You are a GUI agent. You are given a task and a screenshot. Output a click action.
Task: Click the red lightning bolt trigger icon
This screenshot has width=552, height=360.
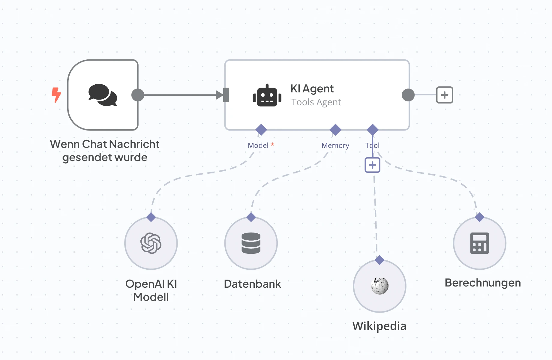pyautogui.click(x=56, y=95)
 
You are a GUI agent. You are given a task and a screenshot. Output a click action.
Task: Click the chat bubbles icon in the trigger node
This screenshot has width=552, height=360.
pyautogui.click(x=103, y=95)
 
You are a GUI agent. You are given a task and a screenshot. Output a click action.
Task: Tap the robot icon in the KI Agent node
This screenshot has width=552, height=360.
pyautogui.click(x=267, y=96)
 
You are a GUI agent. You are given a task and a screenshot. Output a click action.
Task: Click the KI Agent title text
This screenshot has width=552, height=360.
pyautogui.click(x=312, y=89)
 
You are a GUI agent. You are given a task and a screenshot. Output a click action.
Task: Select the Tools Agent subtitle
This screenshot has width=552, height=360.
pyautogui.click(x=316, y=102)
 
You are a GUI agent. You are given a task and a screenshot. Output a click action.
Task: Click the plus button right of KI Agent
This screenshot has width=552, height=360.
pyautogui.click(x=444, y=95)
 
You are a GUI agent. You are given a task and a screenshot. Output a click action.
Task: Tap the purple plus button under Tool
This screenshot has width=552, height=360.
pyautogui.click(x=372, y=165)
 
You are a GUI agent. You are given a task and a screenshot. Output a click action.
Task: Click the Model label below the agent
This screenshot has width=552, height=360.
pyautogui.click(x=258, y=145)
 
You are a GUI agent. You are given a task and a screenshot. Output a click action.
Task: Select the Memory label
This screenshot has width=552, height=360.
pyautogui.click(x=335, y=145)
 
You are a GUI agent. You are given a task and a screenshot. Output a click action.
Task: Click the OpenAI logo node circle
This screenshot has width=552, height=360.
pyautogui.click(x=151, y=243)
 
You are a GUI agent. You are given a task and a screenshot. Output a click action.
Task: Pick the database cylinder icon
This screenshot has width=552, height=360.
pyautogui.click(x=251, y=243)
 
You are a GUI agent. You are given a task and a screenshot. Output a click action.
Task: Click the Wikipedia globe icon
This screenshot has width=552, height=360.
pyautogui.click(x=379, y=286)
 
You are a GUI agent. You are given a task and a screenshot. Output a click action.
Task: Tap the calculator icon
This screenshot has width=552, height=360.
pyautogui.click(x=479, y=243)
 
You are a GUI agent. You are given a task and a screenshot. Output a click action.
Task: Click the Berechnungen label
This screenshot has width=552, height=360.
pyautogui.click(x=482, y=283)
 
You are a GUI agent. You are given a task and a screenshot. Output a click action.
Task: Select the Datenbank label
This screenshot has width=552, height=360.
pyautogui.click(x=252, y=284)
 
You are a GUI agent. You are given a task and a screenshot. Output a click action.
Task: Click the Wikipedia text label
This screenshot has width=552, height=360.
pyautogui.click(x=379, y=326)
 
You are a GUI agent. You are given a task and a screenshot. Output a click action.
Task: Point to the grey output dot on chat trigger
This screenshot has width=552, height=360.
pyautogui.click(x=138, y=95)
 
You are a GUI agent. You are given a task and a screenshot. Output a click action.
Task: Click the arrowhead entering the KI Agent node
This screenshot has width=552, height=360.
pyautogui.click(x=220, y=95)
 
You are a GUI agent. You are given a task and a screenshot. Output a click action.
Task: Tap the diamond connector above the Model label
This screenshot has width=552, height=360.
pyautogui.click(x=261, y=130)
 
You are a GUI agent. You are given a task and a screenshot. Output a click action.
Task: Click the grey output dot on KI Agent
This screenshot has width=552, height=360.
pyautogui.click(x=408, y=95)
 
